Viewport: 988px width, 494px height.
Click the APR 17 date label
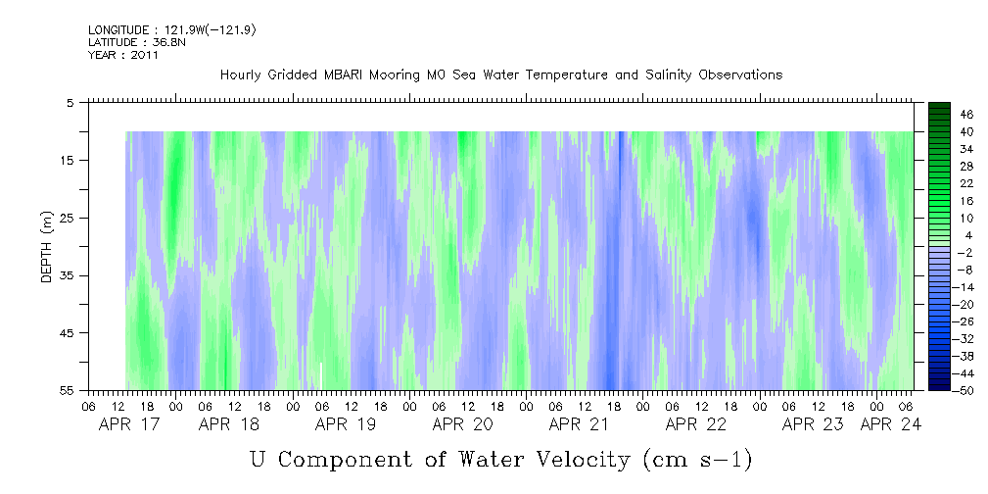[130, 424]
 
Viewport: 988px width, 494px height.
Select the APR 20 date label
[462, 424]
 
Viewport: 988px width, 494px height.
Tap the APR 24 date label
[890, 424]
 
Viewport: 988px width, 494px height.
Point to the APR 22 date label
[695, 424]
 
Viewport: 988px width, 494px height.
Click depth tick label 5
[71, 102]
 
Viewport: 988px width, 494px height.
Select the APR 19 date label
[346, 424]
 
